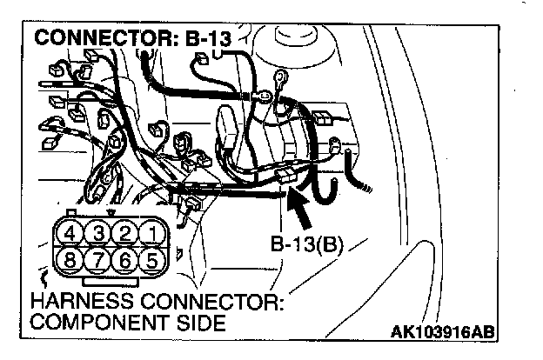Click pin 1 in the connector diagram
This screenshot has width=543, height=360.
pyautogui.click(x=152, y=233)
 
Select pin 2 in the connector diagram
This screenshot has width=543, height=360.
pyautogui.click(x=126, y=233)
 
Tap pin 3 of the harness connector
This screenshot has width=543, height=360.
pyautogui.click(x=99, y=233)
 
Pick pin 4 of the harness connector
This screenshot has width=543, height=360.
pyautogui.click(x=72, y=233)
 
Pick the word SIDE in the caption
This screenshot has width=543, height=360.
pyautogui.click(x=198, y=323)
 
